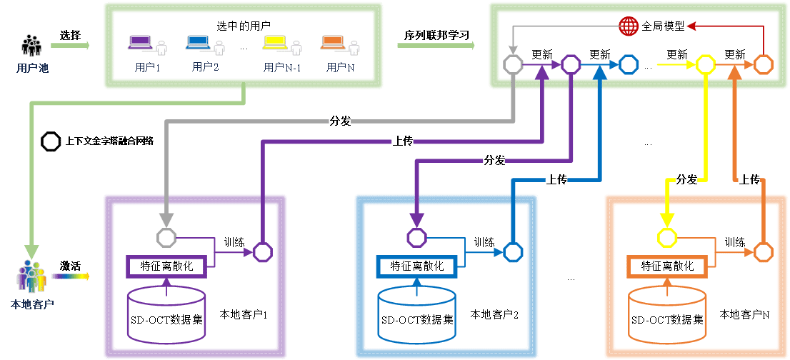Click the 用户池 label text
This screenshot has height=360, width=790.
[x=32, y=69]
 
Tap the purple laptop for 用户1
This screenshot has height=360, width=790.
[x=139, y=43]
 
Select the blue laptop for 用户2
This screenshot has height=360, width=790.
[x=197, y=43]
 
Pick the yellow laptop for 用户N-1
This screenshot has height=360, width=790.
[x=274, y=43]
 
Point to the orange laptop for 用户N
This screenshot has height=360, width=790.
[x=332, y=43]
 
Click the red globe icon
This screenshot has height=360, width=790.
[x=629, y=26]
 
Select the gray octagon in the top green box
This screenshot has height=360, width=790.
[x=513, y=65]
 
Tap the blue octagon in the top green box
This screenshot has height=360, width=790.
[x=628, y=65]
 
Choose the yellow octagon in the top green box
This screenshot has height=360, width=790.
[x=706, y=65]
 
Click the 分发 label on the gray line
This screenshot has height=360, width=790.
[x=340, y=121]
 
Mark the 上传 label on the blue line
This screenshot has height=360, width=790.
[x=556, y=180]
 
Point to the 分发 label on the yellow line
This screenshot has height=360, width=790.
[x=686, y=180]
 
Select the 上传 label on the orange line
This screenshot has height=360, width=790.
[x=749, y=180]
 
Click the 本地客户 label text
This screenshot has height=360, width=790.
[x=32, y=305]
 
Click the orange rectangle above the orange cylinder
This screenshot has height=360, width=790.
[x=667, y=266]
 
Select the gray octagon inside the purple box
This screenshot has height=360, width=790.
[x=166, y=237]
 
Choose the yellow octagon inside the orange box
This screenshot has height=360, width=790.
[x=667, y=237]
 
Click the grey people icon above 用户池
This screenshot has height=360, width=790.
[x=31, y=46]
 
